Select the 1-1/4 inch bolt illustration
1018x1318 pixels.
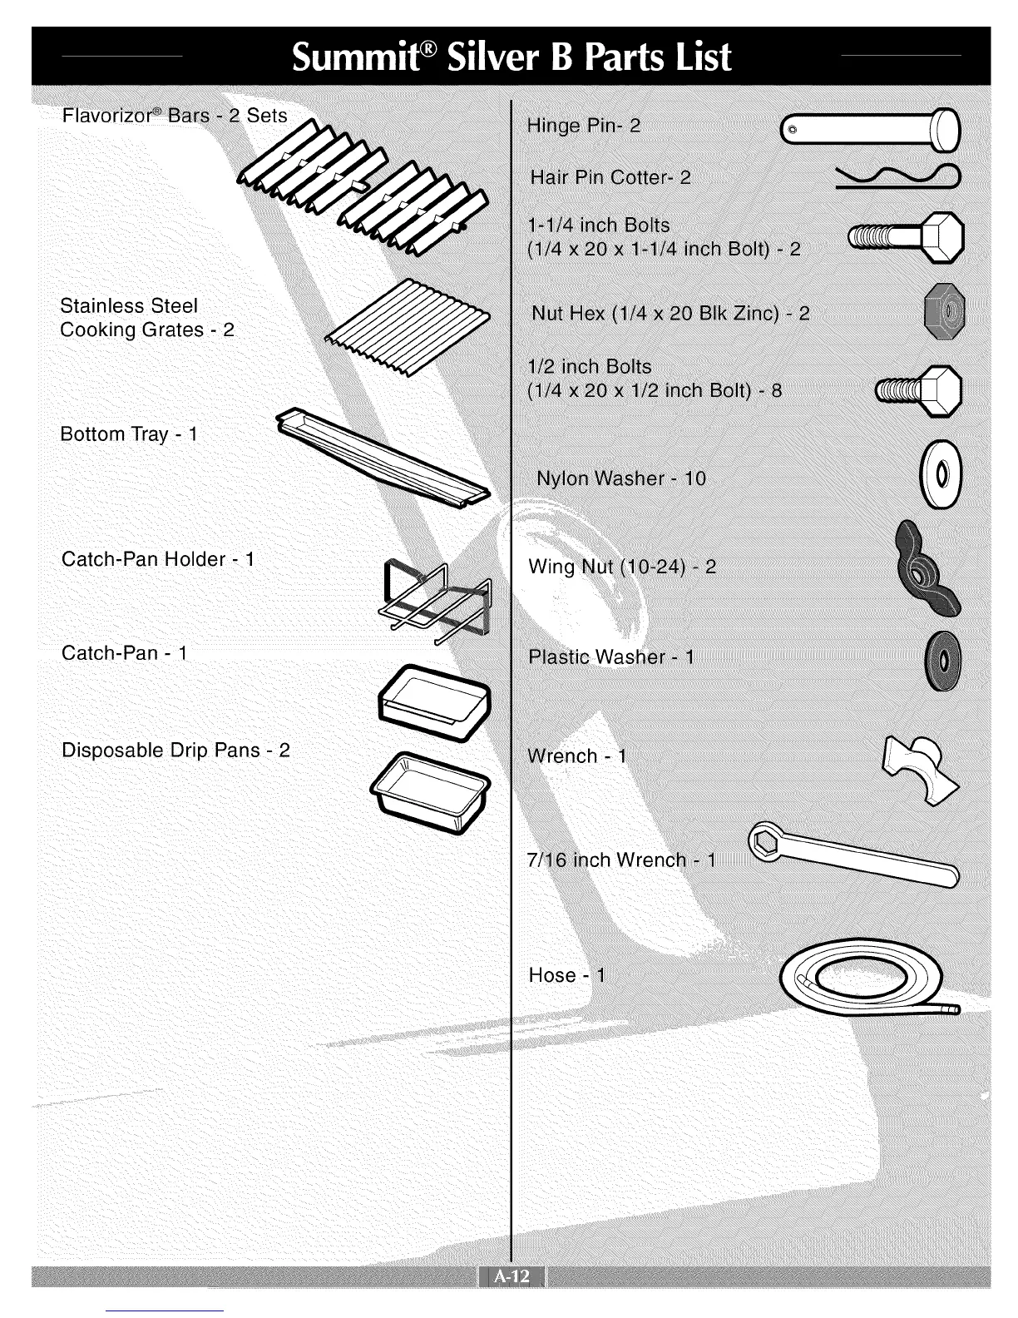pyautogui.click(x=905, y=238)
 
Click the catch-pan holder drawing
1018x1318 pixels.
pyautogui.click(x=435, y=597)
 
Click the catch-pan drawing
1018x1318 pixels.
pyautogui.click(x=433, y=701)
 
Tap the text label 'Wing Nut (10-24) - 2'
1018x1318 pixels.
pyautogui.click(x=622, y=567)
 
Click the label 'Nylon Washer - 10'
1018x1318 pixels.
pyautogui.click(x=620, y=478)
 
